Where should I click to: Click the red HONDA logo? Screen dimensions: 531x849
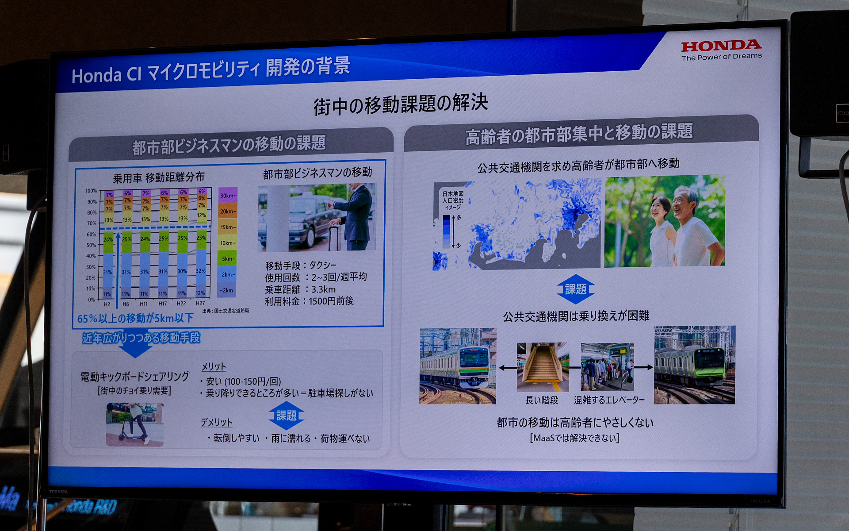[x=721, y=46]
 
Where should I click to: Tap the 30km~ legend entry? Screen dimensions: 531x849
[x=228, y=196]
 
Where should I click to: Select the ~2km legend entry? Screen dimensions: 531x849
[x=227, y=290]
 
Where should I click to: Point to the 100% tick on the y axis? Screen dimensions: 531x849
[x=91, y=191]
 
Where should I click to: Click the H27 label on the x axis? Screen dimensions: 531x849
[x=200, y=304]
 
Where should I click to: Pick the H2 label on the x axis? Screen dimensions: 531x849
[x=107, y=304]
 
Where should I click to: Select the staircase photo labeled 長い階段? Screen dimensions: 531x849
[x=543, y=367]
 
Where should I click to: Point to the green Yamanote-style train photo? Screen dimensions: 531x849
[x=694, y=365]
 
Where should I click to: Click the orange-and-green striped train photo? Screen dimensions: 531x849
[x=458, y=366]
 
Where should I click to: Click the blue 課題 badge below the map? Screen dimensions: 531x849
[x=575, y=289]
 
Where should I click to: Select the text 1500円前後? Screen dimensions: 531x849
[x=331, y=301]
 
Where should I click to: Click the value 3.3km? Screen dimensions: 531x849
[x=323, y=289]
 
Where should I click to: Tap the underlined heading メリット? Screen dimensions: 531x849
[x=214, y=367]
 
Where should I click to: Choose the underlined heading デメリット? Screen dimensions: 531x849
[x=216, y=423]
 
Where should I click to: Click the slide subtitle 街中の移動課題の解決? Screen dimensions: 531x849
[x=401, y=104]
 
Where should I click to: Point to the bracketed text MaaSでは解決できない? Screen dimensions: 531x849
[x=574, y=438]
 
